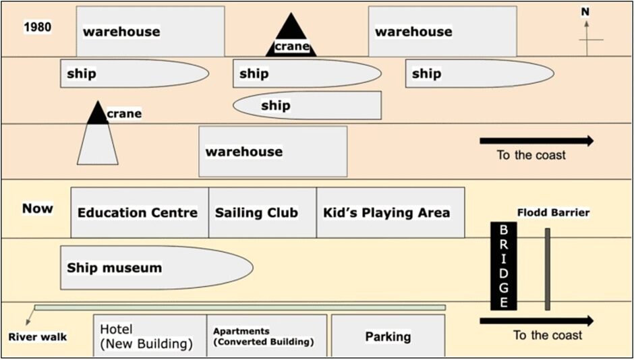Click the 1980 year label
point(38,28)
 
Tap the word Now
point(38,208)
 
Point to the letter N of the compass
point(585,13)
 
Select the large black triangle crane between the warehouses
point(291,34)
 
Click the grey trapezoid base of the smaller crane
point(98,144)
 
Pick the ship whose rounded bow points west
point(308,105)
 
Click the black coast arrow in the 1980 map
point(537,141)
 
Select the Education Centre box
point(140,212)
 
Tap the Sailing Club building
point(262,212)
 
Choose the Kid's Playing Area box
point(391,212)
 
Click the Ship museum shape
point(157,268)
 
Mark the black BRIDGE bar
point(503,266)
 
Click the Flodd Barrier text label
point(553,212)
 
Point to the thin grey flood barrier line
point(548,269)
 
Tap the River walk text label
point(38,337)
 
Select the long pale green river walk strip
point(239,307)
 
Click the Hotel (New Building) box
point(150,336)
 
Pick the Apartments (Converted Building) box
point(267,336)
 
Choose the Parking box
point(388,336)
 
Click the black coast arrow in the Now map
point(537,321)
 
